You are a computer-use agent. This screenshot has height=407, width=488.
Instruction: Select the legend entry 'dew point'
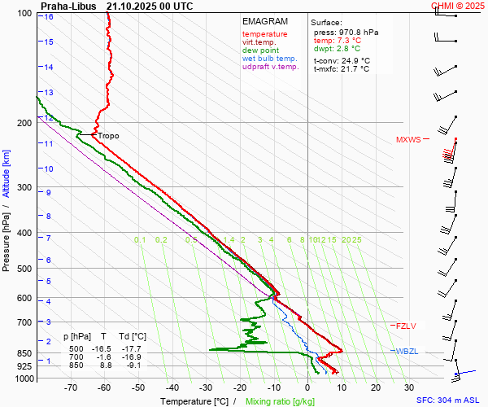[260, 50]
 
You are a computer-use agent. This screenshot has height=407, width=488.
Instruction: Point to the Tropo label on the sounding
[108, 135]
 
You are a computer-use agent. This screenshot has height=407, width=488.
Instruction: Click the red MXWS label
[408, 139]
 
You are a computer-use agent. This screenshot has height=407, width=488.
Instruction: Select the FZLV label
[406, 326]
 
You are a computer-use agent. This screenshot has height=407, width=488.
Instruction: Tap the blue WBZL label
[407, 351]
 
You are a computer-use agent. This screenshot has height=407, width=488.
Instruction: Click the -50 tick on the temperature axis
[138, 388]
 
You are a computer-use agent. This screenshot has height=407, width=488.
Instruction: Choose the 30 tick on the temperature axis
[409, 388]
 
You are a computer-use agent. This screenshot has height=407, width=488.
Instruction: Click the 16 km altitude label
[50, 16]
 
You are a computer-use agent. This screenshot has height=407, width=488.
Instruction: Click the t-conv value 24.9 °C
[354, 60]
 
